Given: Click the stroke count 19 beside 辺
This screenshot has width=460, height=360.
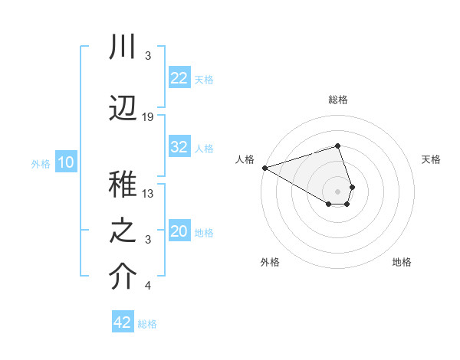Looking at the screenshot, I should pyautogui.click(x=148, y=116).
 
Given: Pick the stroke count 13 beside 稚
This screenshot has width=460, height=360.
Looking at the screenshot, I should pyautogui.click(x=148, y=193).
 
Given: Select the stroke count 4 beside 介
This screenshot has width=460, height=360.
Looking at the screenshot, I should pyautogui.click(x=148, y=286).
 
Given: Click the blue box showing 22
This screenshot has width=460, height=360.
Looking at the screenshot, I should pyautogui.click(x=179, y=77).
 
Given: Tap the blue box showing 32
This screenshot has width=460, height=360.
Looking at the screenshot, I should pyautogui.click(x=179, y=147).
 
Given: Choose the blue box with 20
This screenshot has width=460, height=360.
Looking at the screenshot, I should pyautogui.click(x=179, y=231).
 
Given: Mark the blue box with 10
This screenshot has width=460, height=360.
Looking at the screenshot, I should pyautogui.click(x=65, y=162).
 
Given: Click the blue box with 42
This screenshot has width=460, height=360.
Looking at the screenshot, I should pyautogui.click(x=123, y=322).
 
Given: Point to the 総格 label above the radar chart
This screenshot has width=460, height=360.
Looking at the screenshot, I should pyautogui.click(x=338, y=100).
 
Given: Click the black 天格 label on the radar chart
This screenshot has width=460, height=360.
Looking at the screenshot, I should pyautogui.click(x=432, y=159).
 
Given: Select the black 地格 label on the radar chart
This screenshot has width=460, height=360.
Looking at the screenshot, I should pyautogui.click(x=402, y=262).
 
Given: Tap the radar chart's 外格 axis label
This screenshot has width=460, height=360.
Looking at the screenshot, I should pyautogui.click(x=270, y=262).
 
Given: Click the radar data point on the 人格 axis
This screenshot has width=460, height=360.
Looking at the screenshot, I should pyautogui.click(x=264, y=168).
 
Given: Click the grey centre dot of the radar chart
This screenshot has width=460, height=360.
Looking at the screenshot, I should pyautogui.click(x=338, y=191).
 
